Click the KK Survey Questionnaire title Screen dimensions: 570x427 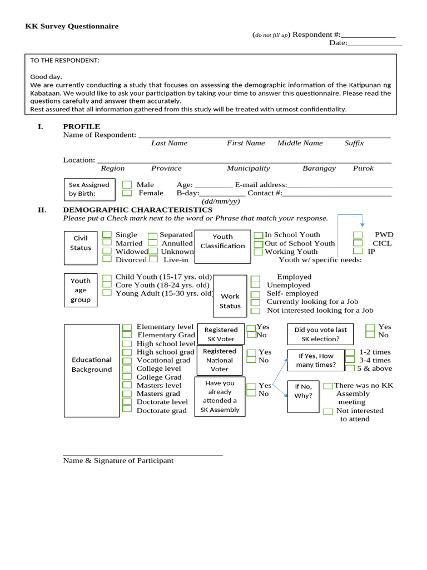[72, 26]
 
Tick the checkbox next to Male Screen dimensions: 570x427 [127, 184]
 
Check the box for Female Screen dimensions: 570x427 [127, 193]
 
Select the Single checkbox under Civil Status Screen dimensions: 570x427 [107, 235]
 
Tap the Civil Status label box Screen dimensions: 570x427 [81, 243]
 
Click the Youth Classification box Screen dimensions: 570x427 [222, 242]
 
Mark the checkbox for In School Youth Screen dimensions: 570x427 [259, 235]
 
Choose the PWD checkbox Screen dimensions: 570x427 [358, 235]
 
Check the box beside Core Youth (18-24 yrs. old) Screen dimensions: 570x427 [107, 285]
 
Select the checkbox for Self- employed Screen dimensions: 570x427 [255, 294]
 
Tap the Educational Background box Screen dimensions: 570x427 [92, 365]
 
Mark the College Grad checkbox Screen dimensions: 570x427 [127, 377]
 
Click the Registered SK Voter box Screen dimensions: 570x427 [221, 334]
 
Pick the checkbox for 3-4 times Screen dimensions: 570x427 [350, 360]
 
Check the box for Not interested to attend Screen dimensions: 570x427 [328, 411]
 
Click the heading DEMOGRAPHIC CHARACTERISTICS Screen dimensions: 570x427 [137, 210]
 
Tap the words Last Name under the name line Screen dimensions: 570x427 [169, 143]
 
